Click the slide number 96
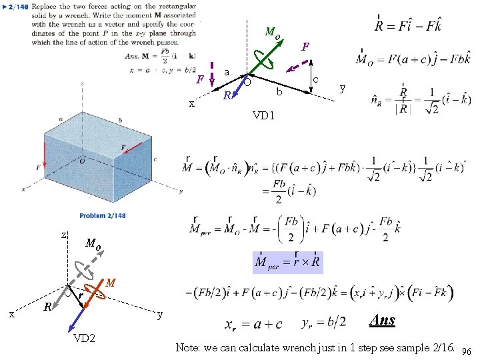[466, 351]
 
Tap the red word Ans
[383, 320]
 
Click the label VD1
[264, 115]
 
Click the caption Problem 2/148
[103, 215]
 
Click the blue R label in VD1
[227, 95]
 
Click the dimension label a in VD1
[227, 71]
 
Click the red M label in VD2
[111, 284]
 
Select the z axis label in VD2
[63, 235]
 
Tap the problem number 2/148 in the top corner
[18, 7]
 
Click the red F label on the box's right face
[123, 147]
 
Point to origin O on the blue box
[82, 161]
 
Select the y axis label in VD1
[343, 87]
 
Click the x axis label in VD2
[12, 314]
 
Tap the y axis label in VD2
[160, 314]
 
